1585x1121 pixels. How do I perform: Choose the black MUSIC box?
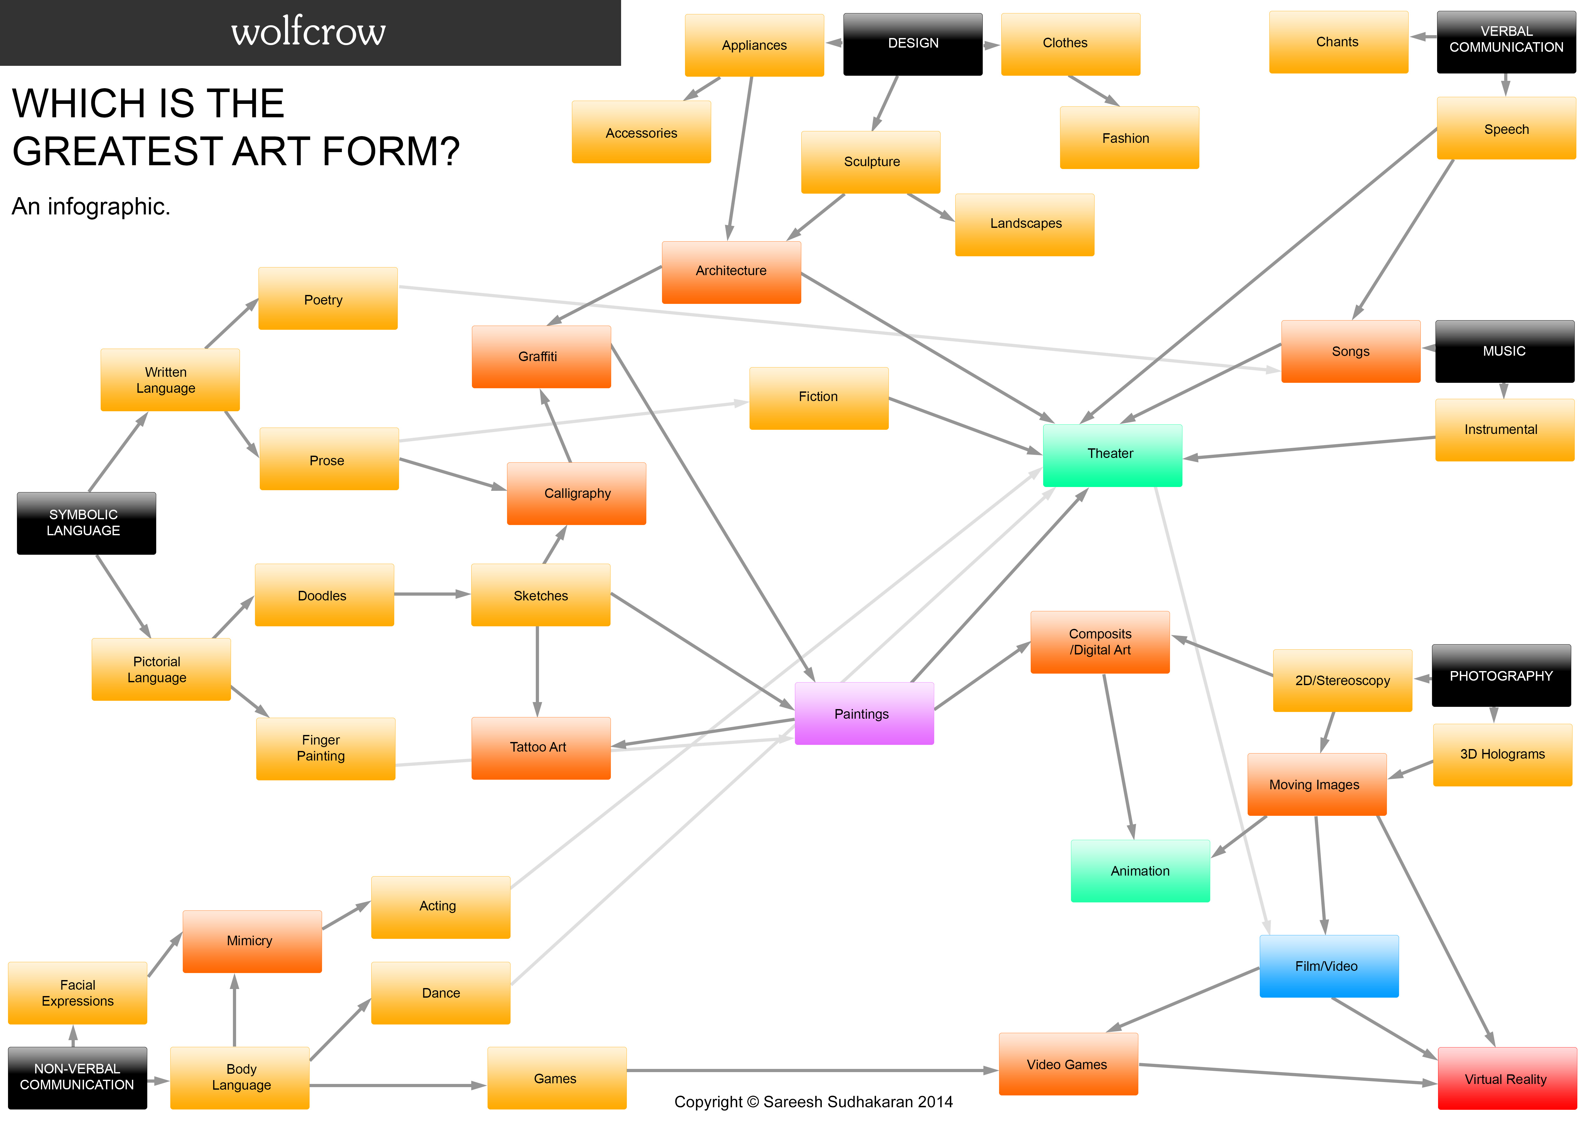click(x=1504, y=351)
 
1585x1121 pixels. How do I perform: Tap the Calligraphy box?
click(x=576, y=493)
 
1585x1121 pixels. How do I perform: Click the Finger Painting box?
click(x=325, y=748)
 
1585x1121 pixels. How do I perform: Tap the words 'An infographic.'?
click(x=90, y=206)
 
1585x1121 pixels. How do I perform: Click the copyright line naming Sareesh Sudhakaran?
click(x=813, y=1102)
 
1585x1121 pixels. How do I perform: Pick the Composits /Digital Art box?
click(x=1100, y=642)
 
